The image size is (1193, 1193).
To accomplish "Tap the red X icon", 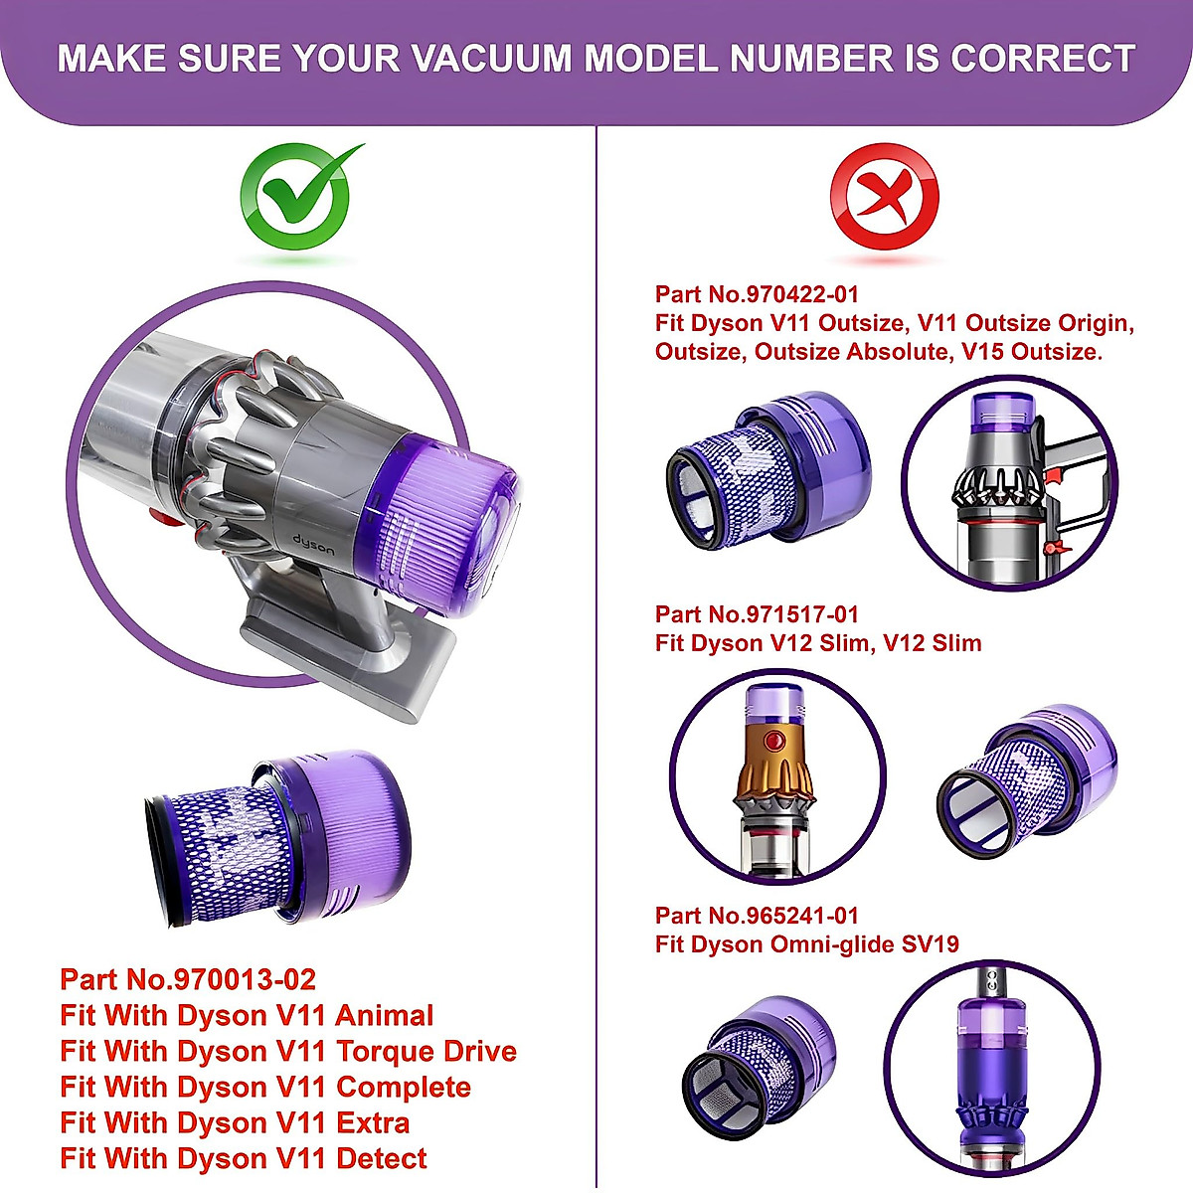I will click(x=884, y=200).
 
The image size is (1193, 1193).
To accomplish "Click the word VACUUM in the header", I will click(x=491, y=59).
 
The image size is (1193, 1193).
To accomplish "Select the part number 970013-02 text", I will click(x=245, y=979).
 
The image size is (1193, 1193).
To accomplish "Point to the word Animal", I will click(x=384, y=1015).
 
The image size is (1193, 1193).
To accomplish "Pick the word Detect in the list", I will click(x=382, y=1158).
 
